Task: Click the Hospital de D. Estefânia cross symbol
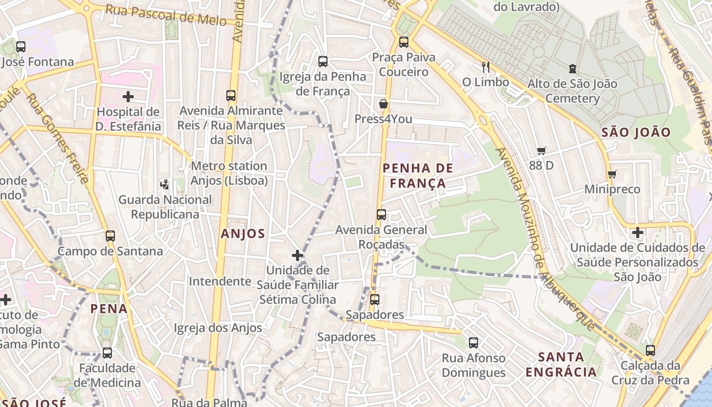coord(128,96)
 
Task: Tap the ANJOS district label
coord(243,234)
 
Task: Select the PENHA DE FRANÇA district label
coord(418,176)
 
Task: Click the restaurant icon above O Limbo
coord(486,67)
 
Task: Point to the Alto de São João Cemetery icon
coord(573,68)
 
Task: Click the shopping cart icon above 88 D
coord(541,151)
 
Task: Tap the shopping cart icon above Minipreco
coord(612,175)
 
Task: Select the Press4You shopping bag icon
coord(383,104)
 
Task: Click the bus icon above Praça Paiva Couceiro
coord(404,42)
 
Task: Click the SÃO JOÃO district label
coord(636,132)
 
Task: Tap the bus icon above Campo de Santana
coord(110,236)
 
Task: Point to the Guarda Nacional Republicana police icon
coord(165,184)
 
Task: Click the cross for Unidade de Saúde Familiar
coord(298,255)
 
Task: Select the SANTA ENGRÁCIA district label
coord(561,364)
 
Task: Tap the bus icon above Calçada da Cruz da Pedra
coord(650,351)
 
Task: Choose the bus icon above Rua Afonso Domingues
coord(473,343)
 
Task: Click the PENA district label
coord(109,308)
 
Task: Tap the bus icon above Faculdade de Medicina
coord(107,353)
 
